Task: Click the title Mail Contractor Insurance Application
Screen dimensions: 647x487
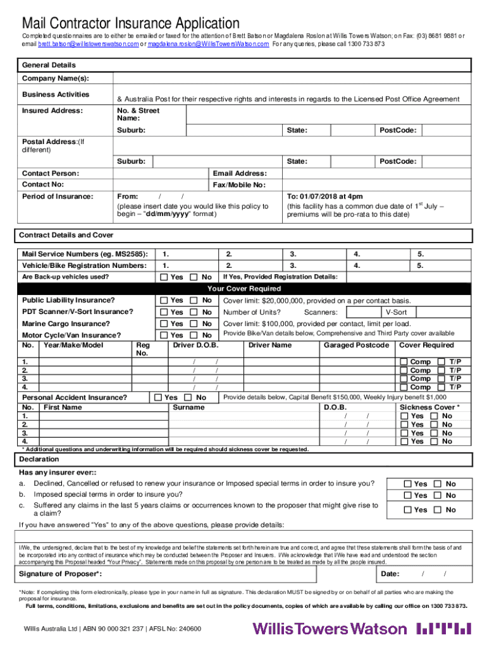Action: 130,24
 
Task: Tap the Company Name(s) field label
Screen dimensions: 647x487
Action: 55,78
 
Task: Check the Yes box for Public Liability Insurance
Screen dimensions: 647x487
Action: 164,300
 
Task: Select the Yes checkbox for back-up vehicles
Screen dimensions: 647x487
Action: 164,277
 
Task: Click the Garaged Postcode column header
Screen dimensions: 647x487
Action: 356,345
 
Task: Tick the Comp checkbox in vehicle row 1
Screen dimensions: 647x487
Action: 404,362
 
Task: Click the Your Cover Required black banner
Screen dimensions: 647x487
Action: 244,289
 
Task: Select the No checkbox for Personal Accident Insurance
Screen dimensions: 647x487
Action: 188,397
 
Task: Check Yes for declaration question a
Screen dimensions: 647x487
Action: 408,484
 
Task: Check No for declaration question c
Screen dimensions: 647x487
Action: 437,510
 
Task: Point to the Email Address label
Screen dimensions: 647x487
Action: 240,173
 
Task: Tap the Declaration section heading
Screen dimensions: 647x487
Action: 39,459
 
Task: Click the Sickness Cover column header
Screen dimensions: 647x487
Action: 429,408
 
